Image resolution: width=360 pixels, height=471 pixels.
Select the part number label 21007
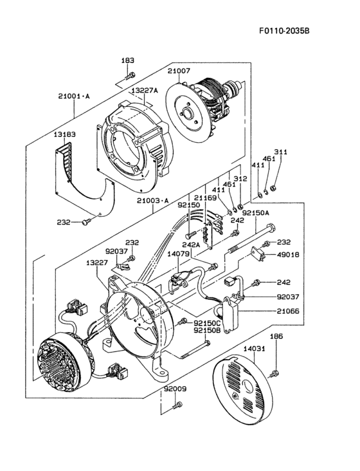coord(180,71)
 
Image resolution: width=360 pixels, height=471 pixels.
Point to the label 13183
coord(64,134)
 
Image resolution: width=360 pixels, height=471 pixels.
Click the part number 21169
coord(206,198)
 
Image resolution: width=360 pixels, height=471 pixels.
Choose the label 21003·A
coord(152,201)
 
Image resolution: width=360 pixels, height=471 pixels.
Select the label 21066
coord(288,311)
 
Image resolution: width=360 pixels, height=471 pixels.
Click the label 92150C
coord(208,322)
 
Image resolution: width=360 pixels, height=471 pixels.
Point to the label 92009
coord(174,389)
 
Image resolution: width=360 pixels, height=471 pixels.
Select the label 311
coord(282,152)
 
